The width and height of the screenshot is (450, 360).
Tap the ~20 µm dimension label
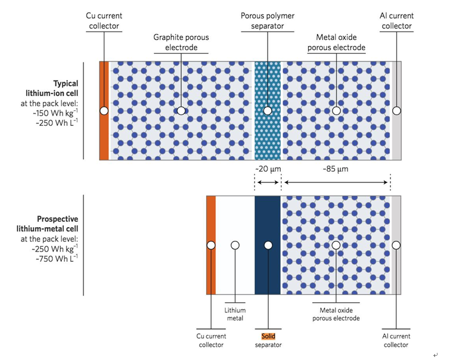click(x=268, y=169)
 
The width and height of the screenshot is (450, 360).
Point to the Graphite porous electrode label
click(x=181, y=42)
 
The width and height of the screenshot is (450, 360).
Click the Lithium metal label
click(x=235, y=314)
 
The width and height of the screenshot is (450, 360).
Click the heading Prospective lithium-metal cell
click(x=54, y=224)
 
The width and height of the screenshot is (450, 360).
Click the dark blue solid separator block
click(x=268, y=268)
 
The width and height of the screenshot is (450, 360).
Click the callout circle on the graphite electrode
click(x=181, y=111)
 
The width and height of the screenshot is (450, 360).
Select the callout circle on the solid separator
click(x=268, y=245)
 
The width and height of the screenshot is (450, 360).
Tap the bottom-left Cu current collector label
click(x=212, y=340)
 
